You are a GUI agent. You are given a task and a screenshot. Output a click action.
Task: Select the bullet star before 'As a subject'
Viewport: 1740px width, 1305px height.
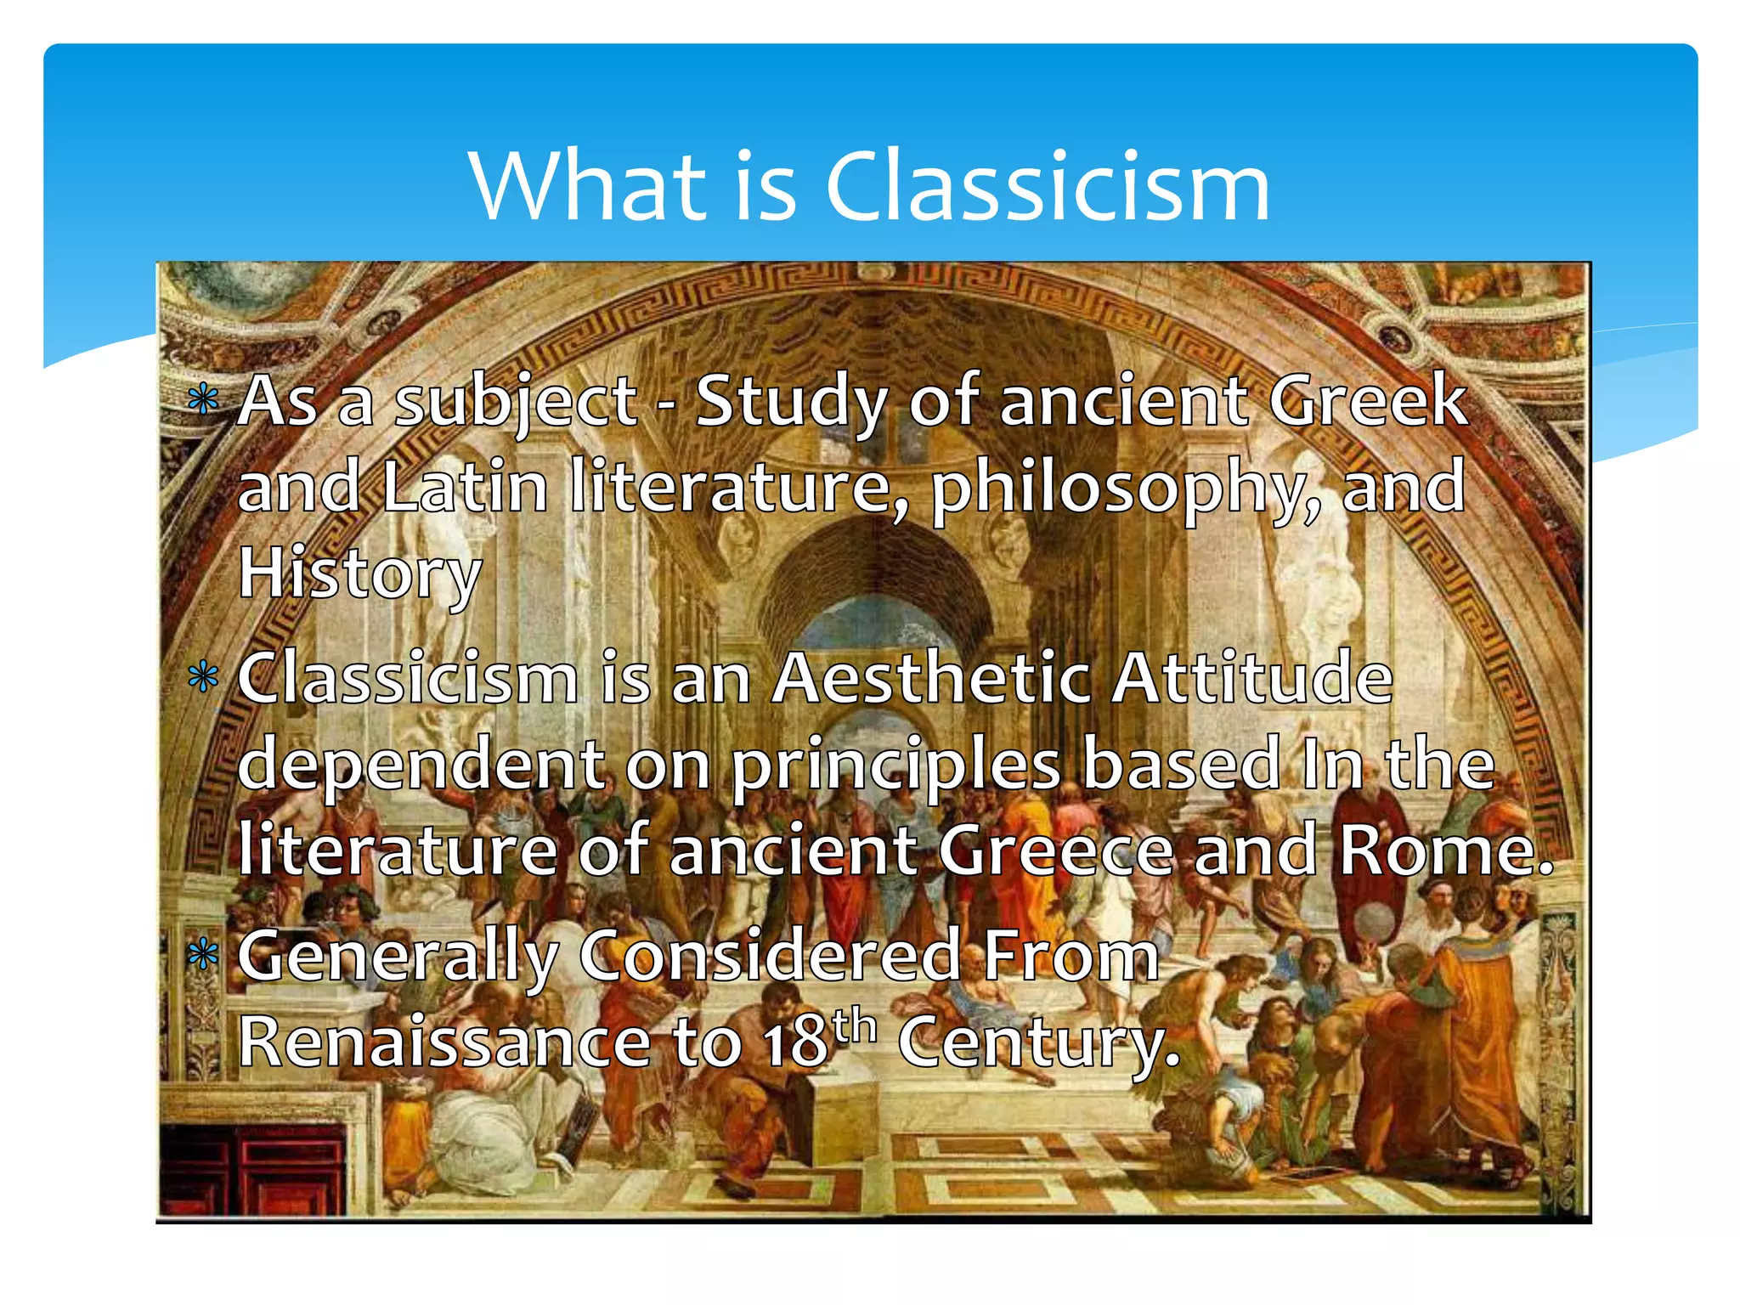[x=203, y=398]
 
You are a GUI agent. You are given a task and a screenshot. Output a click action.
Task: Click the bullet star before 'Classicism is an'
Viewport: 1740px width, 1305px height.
[x=203, y=678]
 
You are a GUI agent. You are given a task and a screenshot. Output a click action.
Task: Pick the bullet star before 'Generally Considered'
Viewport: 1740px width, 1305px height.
[x=203, y=956]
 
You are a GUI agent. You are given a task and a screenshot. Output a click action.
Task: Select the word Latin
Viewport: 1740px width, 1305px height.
[x=465, y=487]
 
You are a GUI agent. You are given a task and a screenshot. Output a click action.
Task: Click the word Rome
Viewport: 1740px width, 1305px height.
[x=1444, y=851]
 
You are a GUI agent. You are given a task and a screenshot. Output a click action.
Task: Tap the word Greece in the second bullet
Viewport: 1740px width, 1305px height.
[x=1055, y=851]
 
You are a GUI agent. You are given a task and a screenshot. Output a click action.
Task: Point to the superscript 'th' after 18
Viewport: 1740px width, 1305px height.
[x=854, y=1026]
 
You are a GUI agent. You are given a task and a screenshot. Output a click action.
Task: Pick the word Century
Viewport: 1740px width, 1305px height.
[x=1038, y=1043]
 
